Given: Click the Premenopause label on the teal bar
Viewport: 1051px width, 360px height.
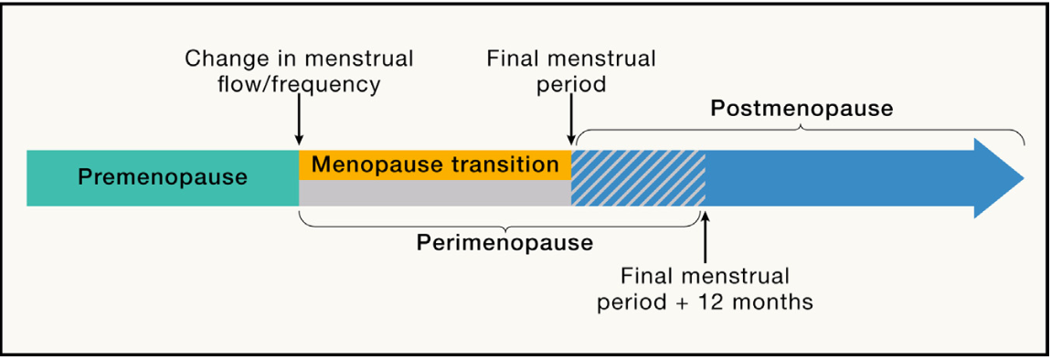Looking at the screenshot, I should click(x=162, y=176).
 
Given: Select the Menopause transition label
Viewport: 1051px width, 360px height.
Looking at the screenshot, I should click(x=434, y=164).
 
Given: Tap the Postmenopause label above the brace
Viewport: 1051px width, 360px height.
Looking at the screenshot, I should click(x=802, y=109).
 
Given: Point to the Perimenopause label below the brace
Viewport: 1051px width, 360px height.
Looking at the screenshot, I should click(x=504, y=243).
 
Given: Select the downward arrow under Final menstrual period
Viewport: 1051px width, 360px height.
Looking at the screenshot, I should click(x=571, y=122).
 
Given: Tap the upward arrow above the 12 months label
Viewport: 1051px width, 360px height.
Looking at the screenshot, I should click(x=706, y=237).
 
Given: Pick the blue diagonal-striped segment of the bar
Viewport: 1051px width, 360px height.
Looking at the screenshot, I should click(x=638, y=178).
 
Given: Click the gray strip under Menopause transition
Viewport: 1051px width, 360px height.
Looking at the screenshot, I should click(x=434, y=193).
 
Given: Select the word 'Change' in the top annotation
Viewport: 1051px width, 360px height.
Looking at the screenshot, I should click(x=223, y=59).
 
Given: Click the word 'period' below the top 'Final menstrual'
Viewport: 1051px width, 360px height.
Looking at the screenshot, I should click(x=571, y=85).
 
